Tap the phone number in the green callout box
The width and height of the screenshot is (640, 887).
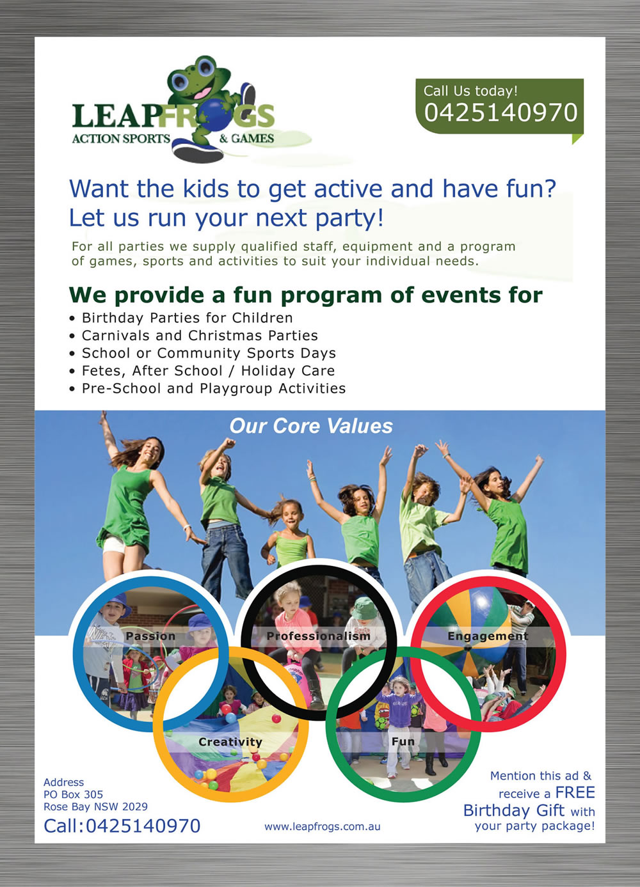500,113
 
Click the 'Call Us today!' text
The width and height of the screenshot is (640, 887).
470,91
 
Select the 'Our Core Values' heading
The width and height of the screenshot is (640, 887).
311,426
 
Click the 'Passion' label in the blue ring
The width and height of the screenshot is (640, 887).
150,636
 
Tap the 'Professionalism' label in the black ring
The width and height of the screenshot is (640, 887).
319,636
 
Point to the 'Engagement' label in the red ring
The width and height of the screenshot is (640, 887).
488,636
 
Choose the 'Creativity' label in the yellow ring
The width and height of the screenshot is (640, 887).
230,742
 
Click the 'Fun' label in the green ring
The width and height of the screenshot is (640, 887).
403,742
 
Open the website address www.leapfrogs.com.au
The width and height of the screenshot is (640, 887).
323,826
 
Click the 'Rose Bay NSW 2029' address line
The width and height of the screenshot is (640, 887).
95,807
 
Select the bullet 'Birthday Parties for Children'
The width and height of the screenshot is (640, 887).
187,318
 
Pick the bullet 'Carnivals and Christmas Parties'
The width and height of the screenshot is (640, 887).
200,336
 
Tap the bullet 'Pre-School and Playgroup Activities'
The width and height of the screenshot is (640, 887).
214,389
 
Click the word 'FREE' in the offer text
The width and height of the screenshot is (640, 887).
575,793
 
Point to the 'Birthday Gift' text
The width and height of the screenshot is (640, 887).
513,811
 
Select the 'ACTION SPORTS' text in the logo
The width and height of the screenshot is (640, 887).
121,139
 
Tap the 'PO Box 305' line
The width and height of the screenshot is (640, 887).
73,795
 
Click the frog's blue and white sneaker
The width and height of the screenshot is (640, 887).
198,152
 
